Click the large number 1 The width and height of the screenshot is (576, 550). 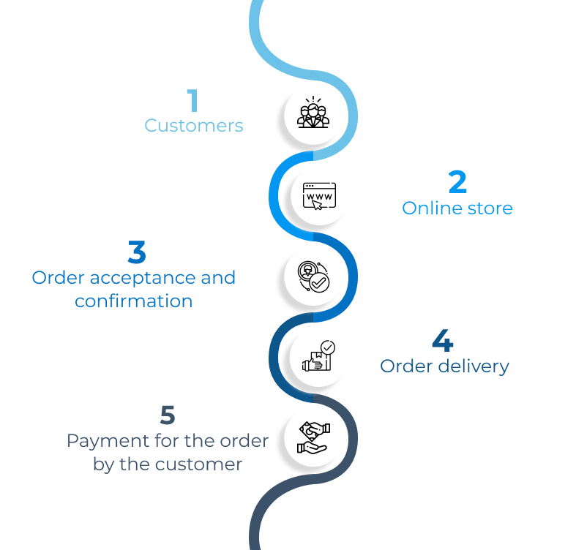point(192,101)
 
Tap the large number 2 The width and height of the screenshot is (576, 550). point(457,183)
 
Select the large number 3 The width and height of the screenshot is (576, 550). point(136,253)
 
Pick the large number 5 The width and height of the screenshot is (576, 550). point(168,415)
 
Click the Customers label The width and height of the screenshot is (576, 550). point(194,126)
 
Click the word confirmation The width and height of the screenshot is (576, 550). point(134,301)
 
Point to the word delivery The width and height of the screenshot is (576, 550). point(474,366)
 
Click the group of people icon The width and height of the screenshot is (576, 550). point(313,113)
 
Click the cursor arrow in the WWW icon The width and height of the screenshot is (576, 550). point(318,205)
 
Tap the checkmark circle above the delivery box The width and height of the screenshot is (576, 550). point(328,347)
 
